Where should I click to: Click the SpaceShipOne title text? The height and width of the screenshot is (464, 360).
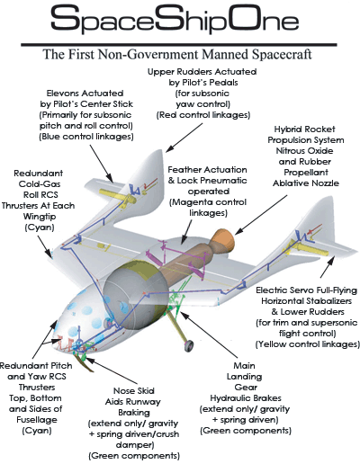[175, 19]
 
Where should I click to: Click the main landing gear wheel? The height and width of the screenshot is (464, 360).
[189, 346]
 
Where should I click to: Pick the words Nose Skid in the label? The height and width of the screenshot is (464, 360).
[134, 391]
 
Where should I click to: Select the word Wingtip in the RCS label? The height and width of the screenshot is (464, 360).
[40, 217]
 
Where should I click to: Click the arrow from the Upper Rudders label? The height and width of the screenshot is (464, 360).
[184, 138]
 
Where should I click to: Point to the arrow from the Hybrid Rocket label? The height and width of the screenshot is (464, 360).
[261, 215]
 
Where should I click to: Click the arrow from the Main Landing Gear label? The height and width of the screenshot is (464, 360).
[208, 334]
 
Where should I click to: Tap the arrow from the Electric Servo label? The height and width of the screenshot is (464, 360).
[328, 267]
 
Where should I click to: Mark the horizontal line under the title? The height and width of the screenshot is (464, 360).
[179, 45]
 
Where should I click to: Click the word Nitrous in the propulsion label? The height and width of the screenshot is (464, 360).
[291, 151]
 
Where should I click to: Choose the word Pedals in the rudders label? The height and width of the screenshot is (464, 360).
[223, 83]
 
